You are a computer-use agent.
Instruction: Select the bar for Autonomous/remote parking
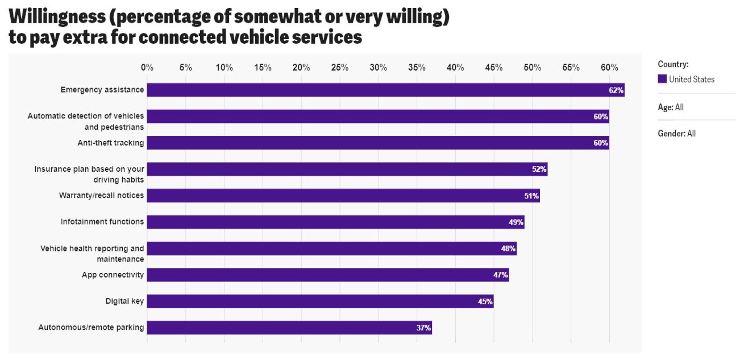(290, 328)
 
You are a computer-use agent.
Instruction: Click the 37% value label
(424, 328)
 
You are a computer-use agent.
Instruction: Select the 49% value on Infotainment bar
(516, 222)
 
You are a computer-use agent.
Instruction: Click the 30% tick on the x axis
(378, 68)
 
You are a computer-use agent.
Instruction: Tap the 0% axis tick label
(147, 68)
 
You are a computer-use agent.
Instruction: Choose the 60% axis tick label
(609, 68)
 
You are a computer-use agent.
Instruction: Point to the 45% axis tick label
(494, 68)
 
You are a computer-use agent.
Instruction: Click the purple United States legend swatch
(662, 79)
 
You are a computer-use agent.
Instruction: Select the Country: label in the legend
(673, 64)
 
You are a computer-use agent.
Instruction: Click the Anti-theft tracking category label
(110, 143)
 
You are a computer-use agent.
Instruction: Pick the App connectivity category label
(113, 275)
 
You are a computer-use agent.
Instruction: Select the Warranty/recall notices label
(101, 196)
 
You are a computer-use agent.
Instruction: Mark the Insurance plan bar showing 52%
(347, 169)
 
